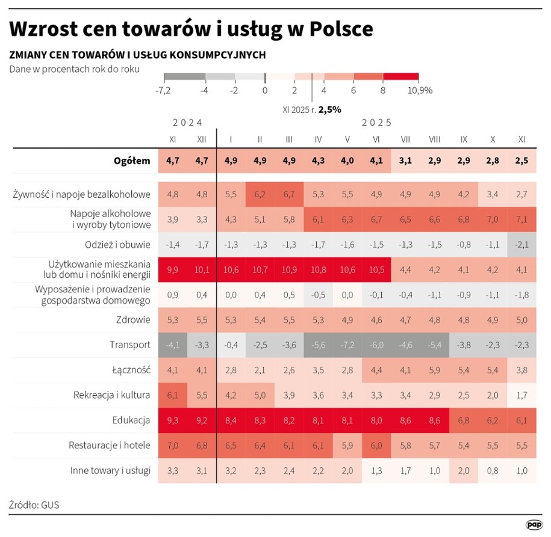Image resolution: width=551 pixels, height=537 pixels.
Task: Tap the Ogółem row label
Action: coord(132,161)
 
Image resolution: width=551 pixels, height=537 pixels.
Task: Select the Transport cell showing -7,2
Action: coord(347,345)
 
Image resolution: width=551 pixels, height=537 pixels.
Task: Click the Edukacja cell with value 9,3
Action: coord(172,420)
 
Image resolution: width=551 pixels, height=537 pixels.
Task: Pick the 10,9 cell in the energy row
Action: coord(289,269)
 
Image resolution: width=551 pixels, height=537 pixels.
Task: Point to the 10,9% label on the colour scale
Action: coord(420,90)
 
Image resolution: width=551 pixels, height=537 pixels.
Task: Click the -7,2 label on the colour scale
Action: coord(164,90)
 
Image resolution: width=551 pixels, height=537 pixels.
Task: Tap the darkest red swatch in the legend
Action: coord(400,77)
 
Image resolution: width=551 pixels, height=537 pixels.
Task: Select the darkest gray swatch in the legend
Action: coord(184,77)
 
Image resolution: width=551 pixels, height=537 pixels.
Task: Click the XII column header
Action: coord(202,139)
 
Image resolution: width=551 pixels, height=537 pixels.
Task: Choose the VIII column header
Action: coord(434,139)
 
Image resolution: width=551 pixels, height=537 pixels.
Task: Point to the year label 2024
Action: coord(187,123)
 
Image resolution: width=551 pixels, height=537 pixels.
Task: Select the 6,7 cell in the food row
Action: coord(289,194)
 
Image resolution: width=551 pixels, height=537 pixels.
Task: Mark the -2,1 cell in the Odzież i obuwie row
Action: coord(521,244)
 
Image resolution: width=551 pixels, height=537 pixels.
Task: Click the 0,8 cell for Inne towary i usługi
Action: coord(493,470)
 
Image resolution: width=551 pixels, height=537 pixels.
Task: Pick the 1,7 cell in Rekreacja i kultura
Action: coord(521,395)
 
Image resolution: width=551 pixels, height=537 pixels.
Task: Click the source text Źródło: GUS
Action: coord(34,505)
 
